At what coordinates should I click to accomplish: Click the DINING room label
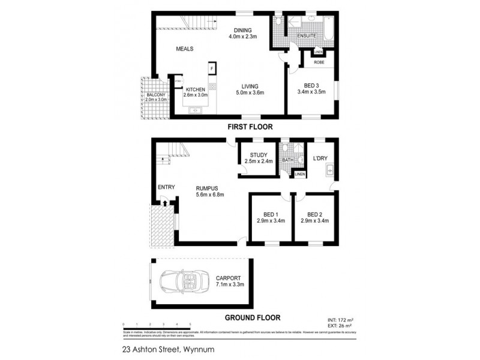[242, 31]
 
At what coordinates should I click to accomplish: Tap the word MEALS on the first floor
[184, 49]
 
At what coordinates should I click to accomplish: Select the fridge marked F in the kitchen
[211, 68]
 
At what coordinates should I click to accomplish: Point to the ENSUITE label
[307, 36]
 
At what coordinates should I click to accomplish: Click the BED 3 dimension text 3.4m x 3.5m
[311, 92]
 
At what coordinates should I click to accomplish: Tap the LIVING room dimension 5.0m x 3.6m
[249, 92]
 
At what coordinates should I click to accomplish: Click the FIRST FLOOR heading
[250, 127]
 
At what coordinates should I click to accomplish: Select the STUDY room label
[259, 154]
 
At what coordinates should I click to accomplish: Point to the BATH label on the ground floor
[287, 161]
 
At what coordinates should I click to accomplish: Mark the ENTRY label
[166, 187]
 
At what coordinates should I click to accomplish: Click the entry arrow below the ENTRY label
[165, 204]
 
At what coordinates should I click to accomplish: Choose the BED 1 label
[271, 214]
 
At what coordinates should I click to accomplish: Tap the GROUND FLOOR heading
[252, 318]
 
